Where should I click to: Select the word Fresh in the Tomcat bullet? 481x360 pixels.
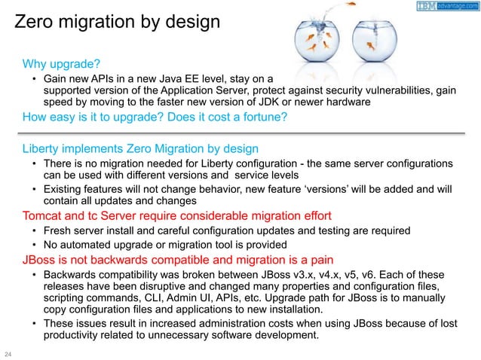pyautogui.click(x=60, y=231)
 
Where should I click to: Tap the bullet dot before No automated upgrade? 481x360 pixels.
pyautogui.click(x=35, y=245)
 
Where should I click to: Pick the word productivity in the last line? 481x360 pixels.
pyautogui.click(x=76, y=335)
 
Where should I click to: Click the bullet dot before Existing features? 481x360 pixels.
pyautogui.click(x=35, y=189)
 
